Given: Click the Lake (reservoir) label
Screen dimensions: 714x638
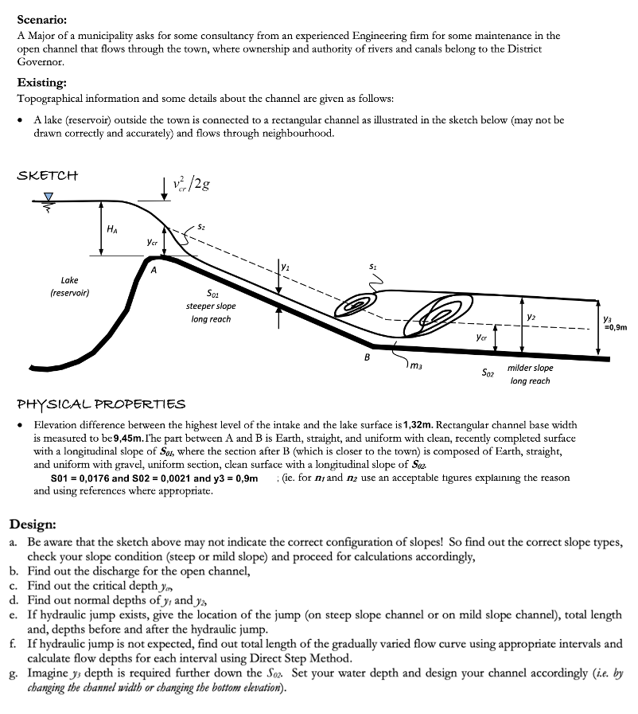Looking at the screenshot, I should tap(69, 286).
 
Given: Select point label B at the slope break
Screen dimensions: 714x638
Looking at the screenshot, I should tap(367, 356).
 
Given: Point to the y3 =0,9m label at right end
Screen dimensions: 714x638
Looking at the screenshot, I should tap(615, 322).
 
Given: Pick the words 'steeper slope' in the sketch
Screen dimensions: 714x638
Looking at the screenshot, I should tap(210, 306).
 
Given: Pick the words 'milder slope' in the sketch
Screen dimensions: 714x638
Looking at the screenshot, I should tap(530, 368).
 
